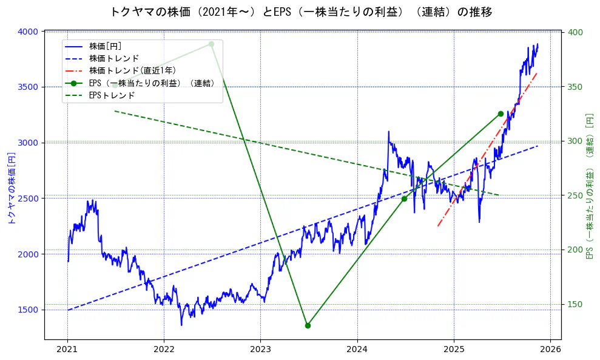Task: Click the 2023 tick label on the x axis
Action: (260, 350)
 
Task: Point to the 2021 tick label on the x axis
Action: (67, 350)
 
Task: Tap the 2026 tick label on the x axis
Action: (550, 350)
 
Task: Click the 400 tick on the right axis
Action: (575, 32)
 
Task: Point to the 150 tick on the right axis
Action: (575, 304)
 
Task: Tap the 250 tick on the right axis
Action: (575, 195)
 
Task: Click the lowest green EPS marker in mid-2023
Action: (308, 325)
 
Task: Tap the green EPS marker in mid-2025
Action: (501, 114)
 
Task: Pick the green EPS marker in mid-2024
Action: (404, 199)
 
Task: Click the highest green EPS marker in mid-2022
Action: (211, 44)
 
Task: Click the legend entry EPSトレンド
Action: (112, 95)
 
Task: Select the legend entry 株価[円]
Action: (105, 46)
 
